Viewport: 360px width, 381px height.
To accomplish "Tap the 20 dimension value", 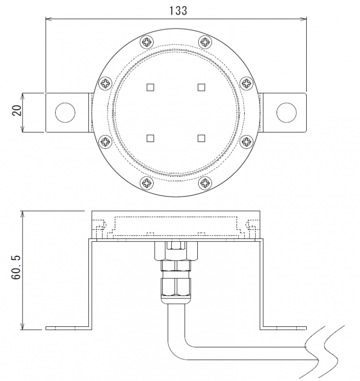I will coord(15,112).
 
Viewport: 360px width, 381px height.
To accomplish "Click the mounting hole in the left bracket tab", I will coord(65,112).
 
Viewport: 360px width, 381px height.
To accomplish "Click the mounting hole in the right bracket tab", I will coord(287,112).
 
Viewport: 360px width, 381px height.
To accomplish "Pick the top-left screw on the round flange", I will coord(146,42).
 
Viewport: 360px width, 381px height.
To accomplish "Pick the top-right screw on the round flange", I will coord(205,42).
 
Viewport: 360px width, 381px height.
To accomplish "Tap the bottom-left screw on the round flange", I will coord(146,182).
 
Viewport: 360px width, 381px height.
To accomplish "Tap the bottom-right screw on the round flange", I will coord(205,182).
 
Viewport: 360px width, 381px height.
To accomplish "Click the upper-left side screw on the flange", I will coord(106,83).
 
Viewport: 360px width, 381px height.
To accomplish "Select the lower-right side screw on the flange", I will coord(246,141).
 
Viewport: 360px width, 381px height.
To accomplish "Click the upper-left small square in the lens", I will coord(150,87).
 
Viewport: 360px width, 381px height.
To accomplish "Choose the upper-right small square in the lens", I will coord(202,87).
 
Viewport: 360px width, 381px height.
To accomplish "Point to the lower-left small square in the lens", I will coord(150,138).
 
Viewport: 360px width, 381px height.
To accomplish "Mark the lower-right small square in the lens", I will coord(202,138).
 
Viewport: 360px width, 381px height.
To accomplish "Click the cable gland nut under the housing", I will coord(176,287).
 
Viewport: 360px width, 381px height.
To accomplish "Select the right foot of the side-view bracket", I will coord(283,328).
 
